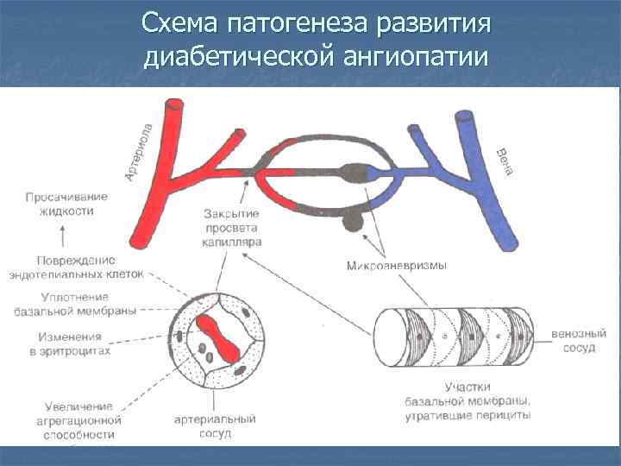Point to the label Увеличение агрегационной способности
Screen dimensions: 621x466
pyautogui.click(x=75, y=420)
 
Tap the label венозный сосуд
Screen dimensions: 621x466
pyautogui.click(x=579, y=339)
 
